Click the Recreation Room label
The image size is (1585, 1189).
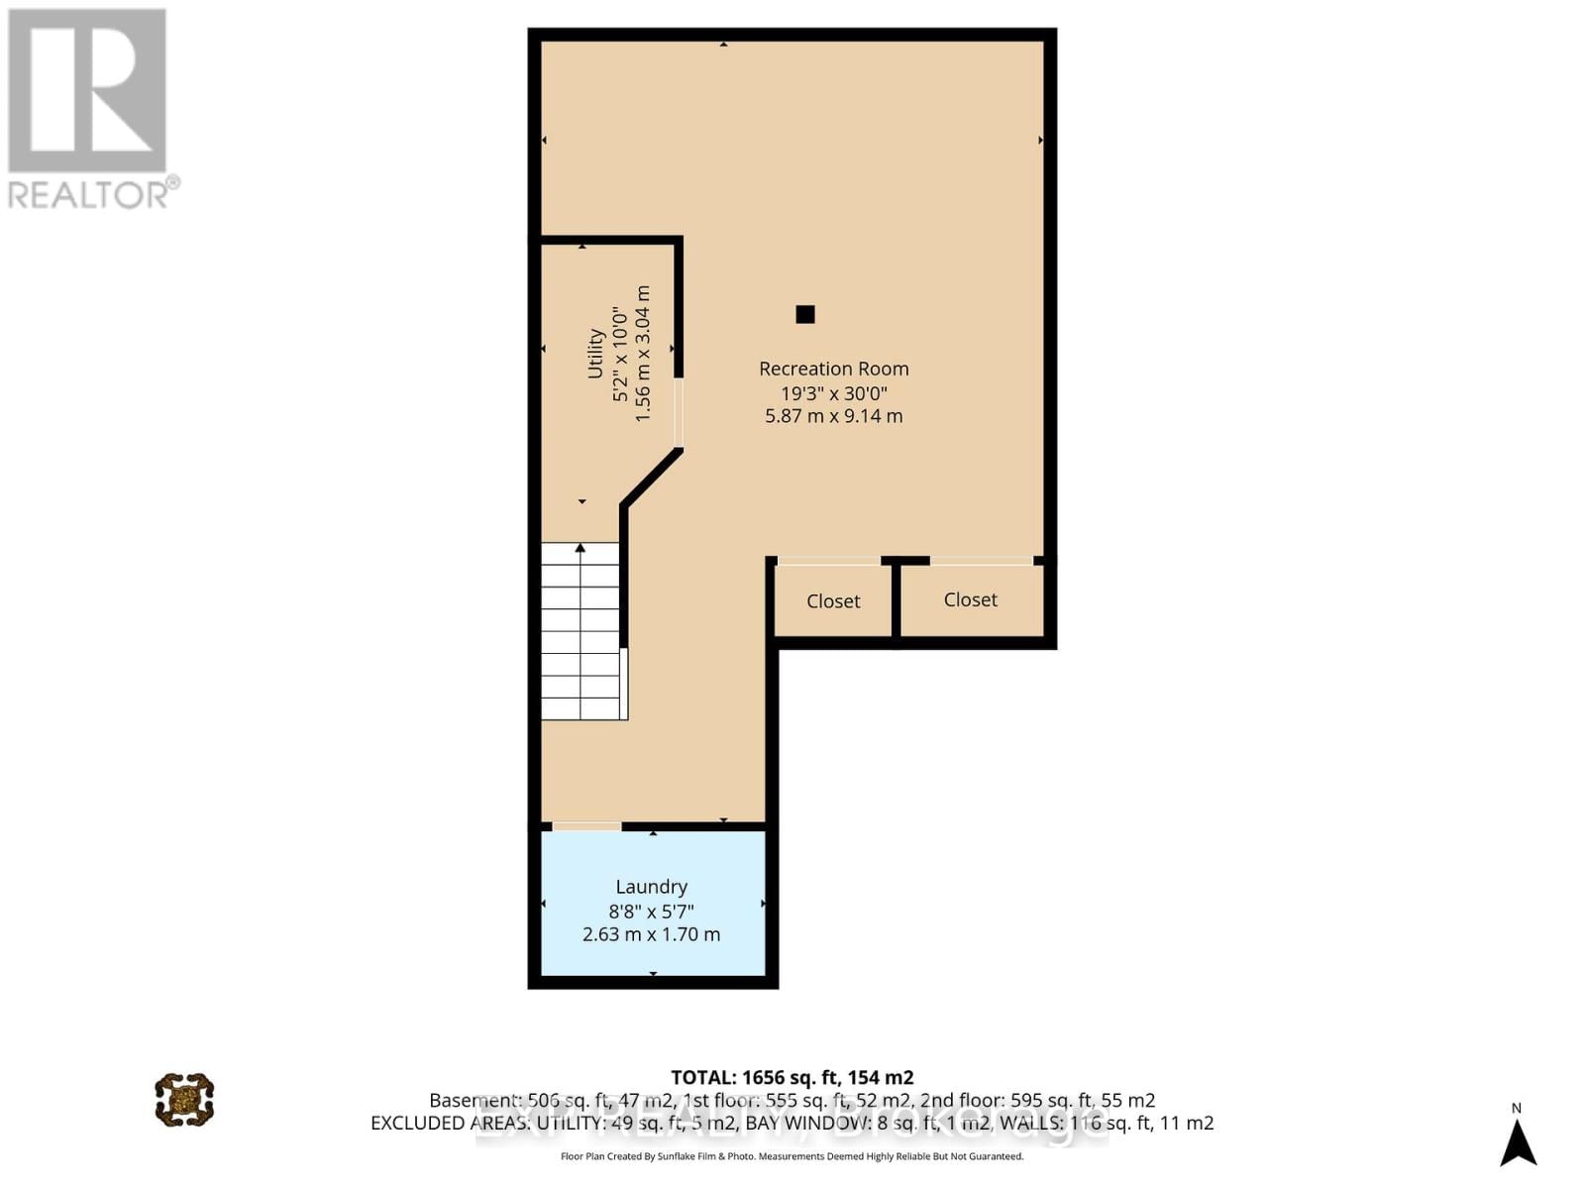pyautogui.click(x=833, y=369)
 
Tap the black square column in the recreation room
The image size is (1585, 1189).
pyautogui.click(x=805, y=314)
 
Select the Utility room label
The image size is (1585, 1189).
pyautogui.click(x=595, y=354)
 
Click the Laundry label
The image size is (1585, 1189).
pyautogui.click(x=651, y=887)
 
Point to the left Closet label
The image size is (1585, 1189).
pyautogui.click(x=833, y=601)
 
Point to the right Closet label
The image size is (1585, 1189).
pyautogui.click(x=970, y=599)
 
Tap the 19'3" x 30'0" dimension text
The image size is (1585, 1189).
pyautogui.click(x=833, y=392)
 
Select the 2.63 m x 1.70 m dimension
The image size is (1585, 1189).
pyautogui.click(x=651, y=934)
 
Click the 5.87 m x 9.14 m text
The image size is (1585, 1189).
pyautogui.click(x=833, y=416)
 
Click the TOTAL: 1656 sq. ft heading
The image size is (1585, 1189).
pyautogui.click(x=792, y=1077)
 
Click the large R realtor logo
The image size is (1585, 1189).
pyautogui.click(x=87, y=91)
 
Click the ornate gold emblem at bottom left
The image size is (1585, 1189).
pyautogui.click(x=184, y=1099)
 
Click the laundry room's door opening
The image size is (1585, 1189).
pyautogui.click(x=586, y=826)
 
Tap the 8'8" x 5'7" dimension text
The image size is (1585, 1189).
pyautogui.click(x=651, y=911)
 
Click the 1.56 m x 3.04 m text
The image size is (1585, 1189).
pyautogui.click(x=643, y=354)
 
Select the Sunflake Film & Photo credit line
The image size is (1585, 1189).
pyautogui.click(x=792, y=1156)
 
